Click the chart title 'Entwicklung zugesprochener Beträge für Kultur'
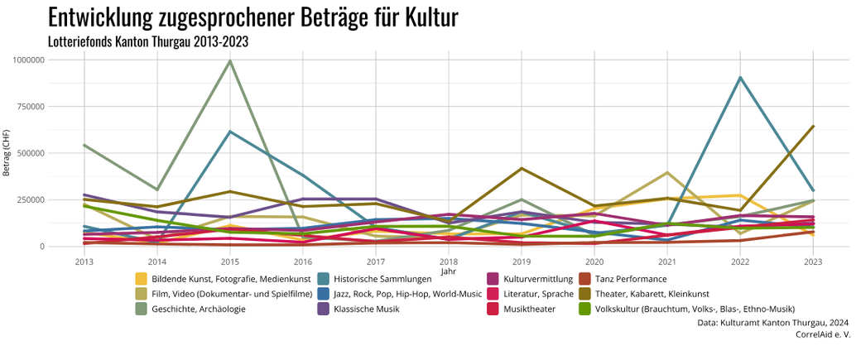252,17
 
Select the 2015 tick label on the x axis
230,261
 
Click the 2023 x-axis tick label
813,261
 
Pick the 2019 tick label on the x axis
522,261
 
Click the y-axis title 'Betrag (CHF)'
7,153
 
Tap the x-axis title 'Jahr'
448,271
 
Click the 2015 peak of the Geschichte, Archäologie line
230,60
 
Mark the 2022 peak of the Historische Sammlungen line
740,78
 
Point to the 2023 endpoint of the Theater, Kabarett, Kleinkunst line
813,127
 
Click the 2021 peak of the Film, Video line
667,173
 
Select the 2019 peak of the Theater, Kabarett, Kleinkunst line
522,169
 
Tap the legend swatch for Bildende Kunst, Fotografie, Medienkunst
142,279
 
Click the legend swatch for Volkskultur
584,309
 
